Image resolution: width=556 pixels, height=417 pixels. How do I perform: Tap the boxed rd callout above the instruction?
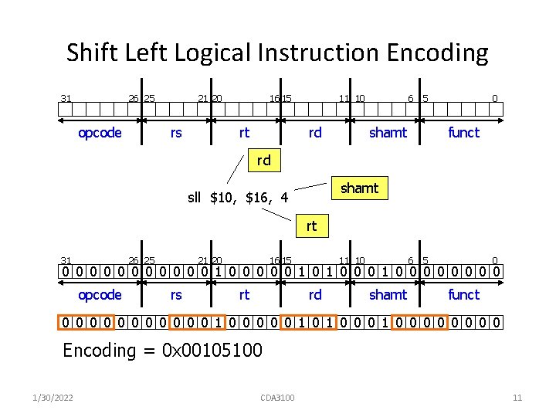263,161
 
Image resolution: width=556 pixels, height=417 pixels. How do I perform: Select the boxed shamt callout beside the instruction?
360,188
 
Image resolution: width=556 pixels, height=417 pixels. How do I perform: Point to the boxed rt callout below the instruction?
311,226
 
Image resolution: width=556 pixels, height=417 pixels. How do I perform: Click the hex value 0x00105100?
212,351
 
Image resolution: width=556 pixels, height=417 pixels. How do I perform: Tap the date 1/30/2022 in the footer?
54,398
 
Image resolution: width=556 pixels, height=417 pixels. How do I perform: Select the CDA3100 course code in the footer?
277,398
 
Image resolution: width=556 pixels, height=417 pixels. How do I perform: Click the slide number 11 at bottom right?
517,398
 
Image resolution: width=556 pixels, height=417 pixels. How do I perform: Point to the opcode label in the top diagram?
100,133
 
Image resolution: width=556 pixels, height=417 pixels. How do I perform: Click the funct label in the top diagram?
463,133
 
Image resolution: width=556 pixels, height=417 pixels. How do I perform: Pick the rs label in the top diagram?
176,133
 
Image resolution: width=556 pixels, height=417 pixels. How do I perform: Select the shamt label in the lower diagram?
388,295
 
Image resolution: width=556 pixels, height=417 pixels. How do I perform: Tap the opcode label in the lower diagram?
100,295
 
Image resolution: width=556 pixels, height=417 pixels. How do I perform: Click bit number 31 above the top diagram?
66,98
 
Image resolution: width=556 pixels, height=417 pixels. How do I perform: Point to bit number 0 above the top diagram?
496,98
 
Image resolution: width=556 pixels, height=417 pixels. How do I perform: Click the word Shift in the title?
90,53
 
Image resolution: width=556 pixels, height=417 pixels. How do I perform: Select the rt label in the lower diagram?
244,295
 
